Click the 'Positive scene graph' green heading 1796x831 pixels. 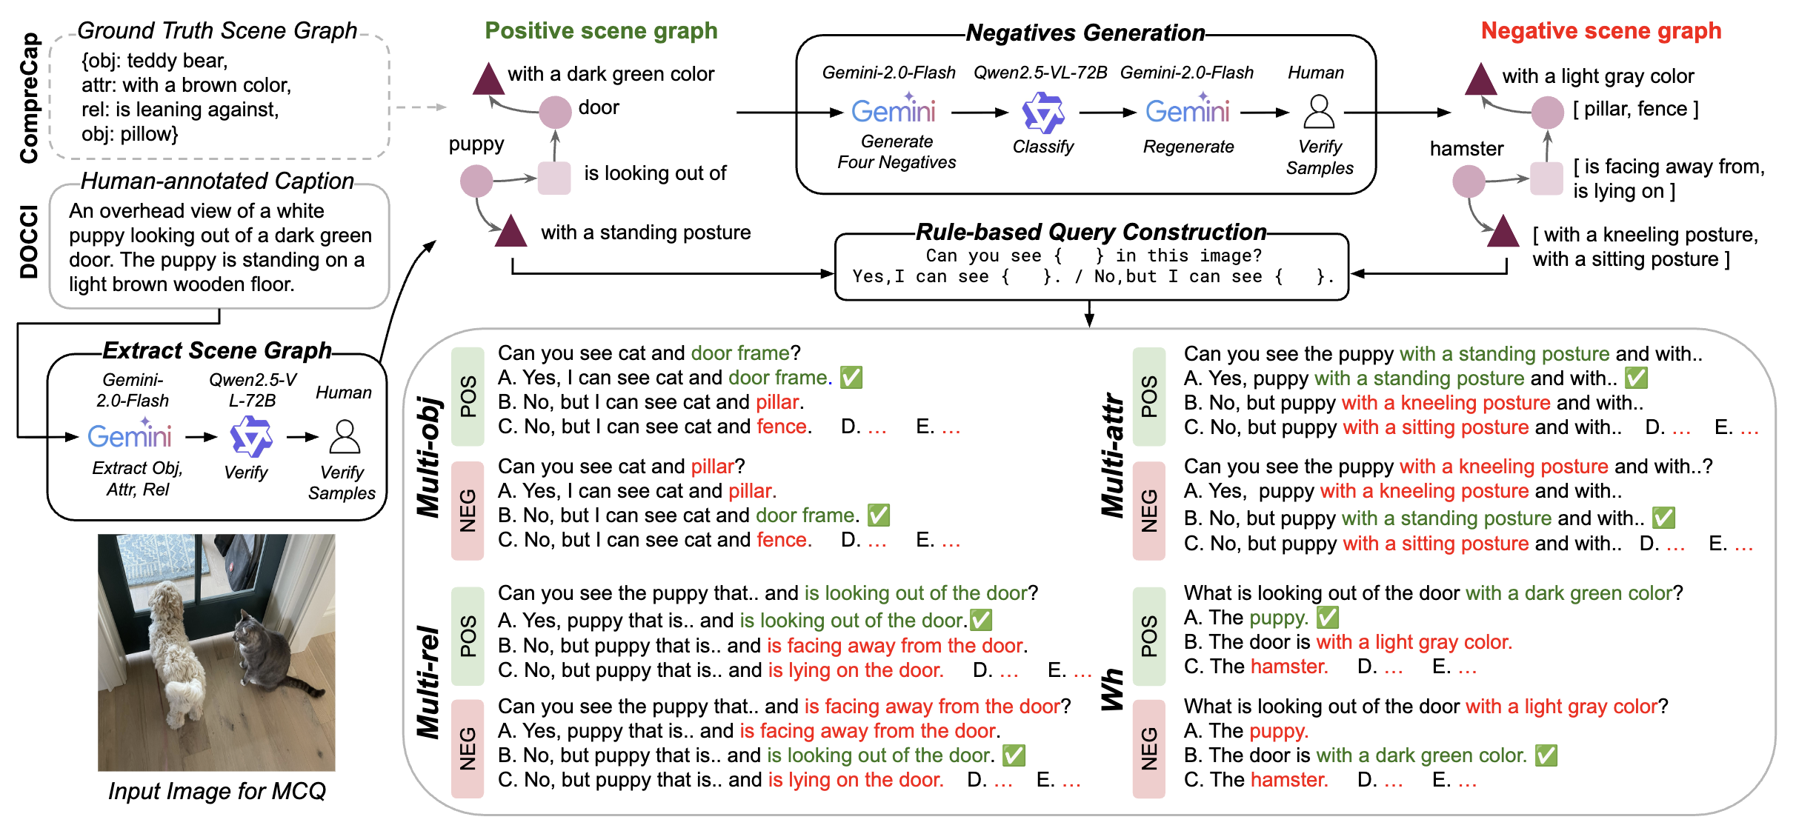pyautogui.click(x=601, y=31)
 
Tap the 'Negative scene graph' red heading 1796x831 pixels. pyautogui.click(x=1600, y=31)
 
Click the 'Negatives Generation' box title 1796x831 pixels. pyautogui.click(x=1085, y=33)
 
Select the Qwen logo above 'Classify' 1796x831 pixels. pyautogui.click(x=1043, y=113)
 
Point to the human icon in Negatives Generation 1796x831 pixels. pyautogui.click(x=1319, y=112)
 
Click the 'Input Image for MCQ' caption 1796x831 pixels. pyautogui.click(x=216, y=791)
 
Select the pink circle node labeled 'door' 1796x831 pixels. pyautogui.click(x=555, y=111)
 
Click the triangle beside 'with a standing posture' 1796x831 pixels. pyautogui.click(x=510, y=231)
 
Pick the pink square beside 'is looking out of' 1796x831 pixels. pyautogui.click(x=553, y=178)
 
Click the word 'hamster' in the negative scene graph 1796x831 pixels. pyautogui.click(x=1466, y=149)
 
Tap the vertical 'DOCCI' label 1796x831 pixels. pyautogui.click(x=29, y=241)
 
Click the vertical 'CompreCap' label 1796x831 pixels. pyautogui.click(x=29, y=98)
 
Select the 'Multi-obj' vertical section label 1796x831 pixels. pyautogui.click(x=429, y=456)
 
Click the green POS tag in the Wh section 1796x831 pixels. pyautogui.click(x=1148, y=635)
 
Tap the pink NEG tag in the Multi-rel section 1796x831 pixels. pyautogui.click(x=468, y=748)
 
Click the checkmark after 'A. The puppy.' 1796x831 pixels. pyautogui.click(x=1327, y=617)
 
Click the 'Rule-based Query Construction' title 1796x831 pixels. pyautogui.click(x=1091, y=233)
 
